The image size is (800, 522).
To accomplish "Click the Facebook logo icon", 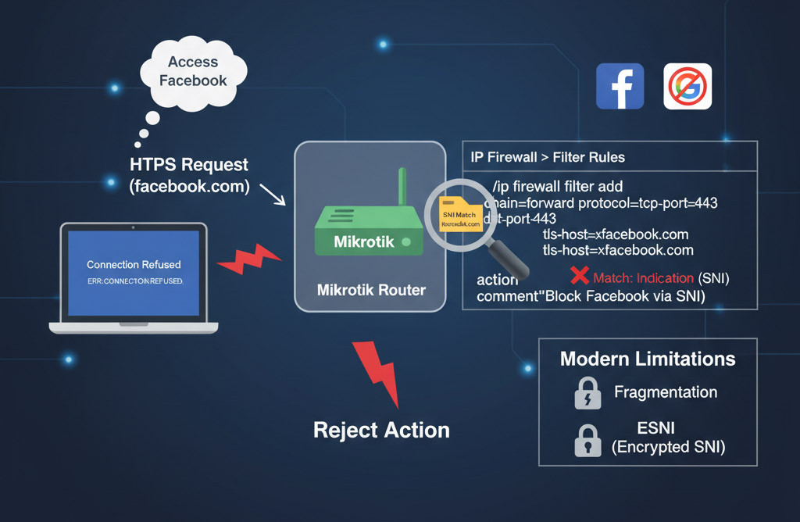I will tap(620, 86).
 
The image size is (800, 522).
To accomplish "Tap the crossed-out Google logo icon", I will tap(687, 86).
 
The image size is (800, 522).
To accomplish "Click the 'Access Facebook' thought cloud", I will tap(193, 71).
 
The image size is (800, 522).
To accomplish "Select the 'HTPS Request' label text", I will tap(189, 165).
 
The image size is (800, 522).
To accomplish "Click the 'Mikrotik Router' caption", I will tap(371, 290).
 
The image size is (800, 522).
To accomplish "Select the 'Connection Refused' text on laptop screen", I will tap(134, 265).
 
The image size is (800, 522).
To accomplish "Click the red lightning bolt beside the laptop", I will tap(248, 259).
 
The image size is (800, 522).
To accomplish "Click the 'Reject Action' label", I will tap(381, 430).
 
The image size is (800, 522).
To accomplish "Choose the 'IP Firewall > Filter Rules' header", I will tap(548, 157).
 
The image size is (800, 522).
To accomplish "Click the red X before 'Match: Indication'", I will tap(579, 277).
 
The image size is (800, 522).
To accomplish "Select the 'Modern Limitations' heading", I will tap(648, 359).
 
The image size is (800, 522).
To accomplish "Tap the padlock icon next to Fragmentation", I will tap(587, 394).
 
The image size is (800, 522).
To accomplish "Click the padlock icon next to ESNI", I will tap(587, 439).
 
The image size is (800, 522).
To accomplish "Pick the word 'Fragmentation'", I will tap(665, 392).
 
